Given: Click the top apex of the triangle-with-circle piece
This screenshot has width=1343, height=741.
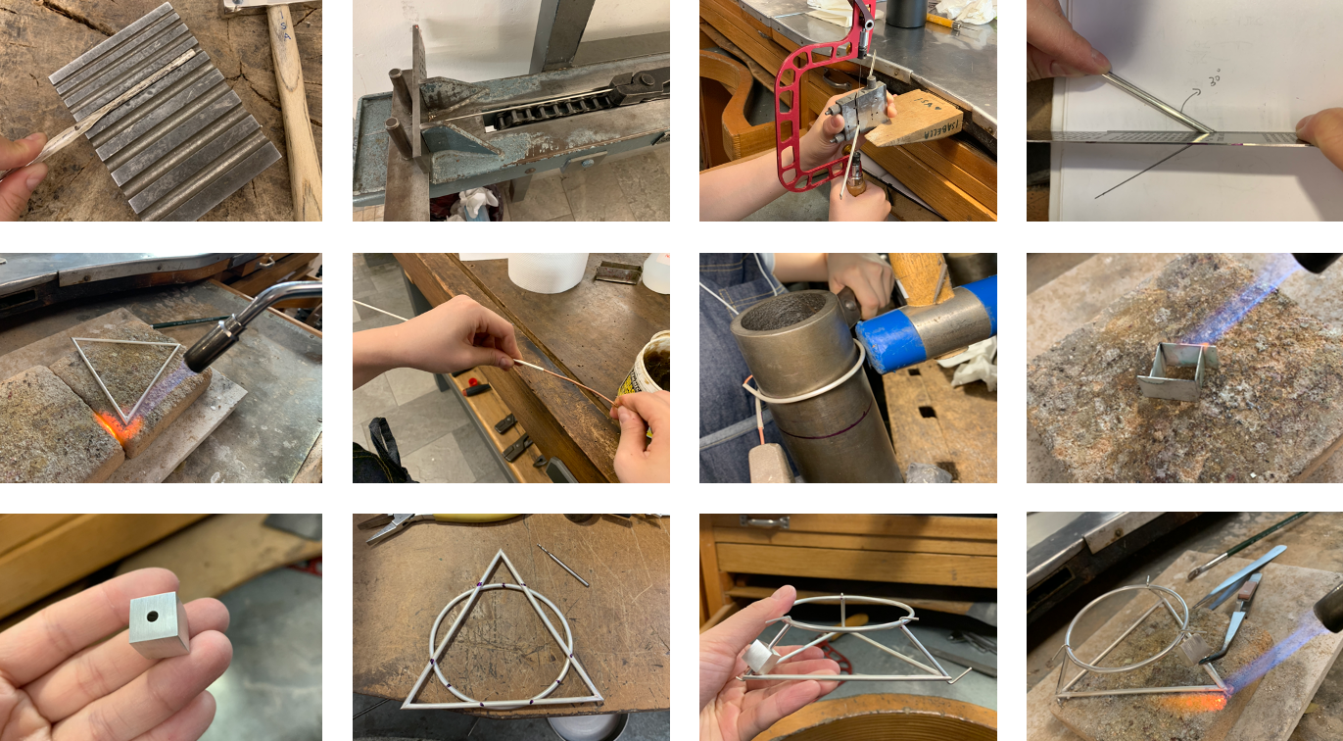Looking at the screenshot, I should tap(501, 555).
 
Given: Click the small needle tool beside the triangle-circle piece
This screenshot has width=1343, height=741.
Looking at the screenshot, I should tap(563, 566).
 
